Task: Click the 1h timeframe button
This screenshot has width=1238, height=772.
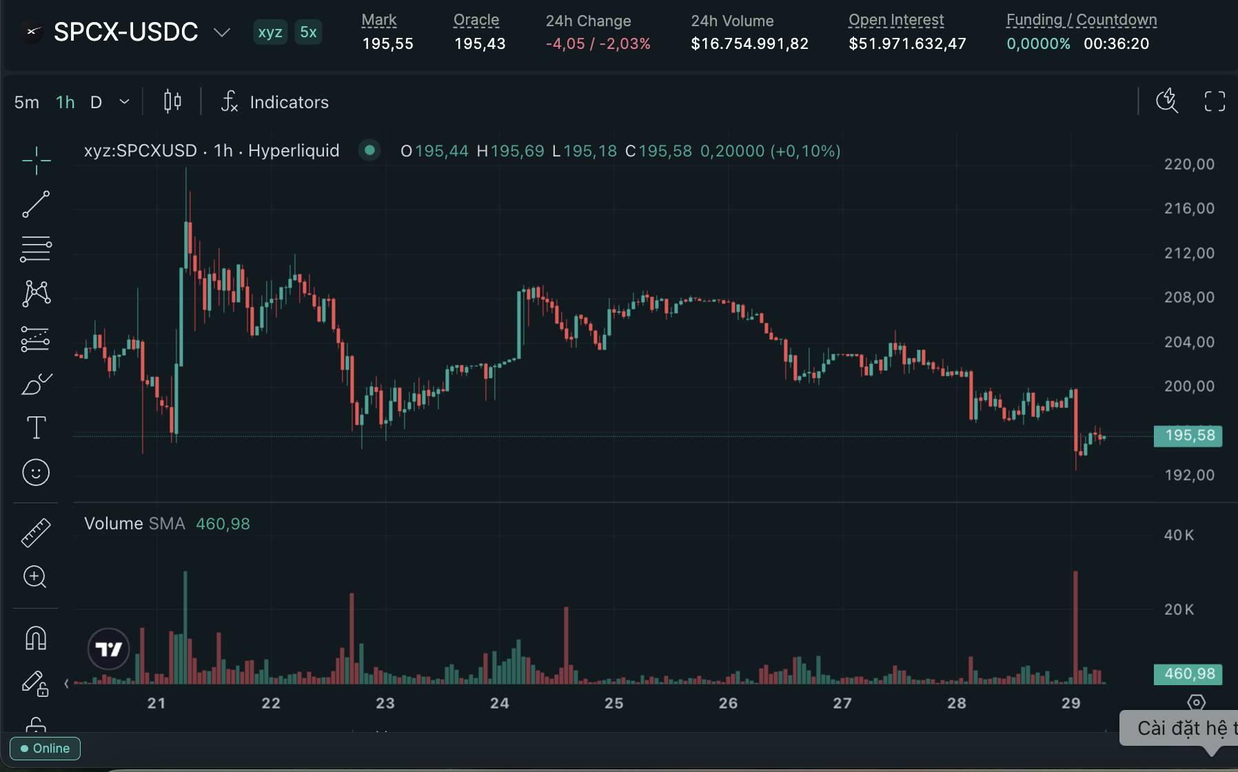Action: pyautogui.click(x=65, y=102)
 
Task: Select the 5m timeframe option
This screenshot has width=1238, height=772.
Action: pyautogui.click(x=27, y=102)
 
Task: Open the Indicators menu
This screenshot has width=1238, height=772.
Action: pyautogui.click(x=274, y=102)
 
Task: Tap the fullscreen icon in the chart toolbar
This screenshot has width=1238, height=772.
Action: pyautogui.click(x=1215, y=101)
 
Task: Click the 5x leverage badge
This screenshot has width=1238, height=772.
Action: pyautogui.click(x=308, y=32)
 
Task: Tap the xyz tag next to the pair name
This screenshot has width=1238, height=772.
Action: pyautogui.click(x=270, y=32)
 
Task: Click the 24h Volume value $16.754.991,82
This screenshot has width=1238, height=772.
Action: pyautogui.click(x=749, y=43)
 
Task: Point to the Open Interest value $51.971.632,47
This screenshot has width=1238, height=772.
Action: pyautogui.click(x=907, y=43)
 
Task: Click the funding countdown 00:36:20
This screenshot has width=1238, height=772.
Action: pyautogui.click(x=1116, y=43)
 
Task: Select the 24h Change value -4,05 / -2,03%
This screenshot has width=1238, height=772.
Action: pyautogui.click(x=598, y=43)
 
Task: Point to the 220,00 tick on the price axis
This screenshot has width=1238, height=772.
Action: pyautogui.click(x=1189, y=164)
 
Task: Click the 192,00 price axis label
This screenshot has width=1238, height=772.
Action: pyautogui.click(x=1189, y=475)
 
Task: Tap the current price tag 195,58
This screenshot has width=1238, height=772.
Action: pyautogui.click(x=1188, y=436)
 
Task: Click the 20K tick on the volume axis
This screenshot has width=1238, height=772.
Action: pyautogui.click(x=1179, y=609)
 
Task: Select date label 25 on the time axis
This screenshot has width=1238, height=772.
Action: pyautogui.click(x=613, y=703)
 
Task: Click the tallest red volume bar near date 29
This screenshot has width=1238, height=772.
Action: pyautogui.click(x=1075, y=627)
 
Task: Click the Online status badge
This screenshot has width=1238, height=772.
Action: pyautogui.click(x=45, y=749)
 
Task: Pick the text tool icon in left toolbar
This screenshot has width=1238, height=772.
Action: pyautogui.click(x=36, y=427)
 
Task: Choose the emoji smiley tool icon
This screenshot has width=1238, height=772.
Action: pyautogui.click(x=36, y=472)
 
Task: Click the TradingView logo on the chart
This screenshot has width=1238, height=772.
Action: pyautogui.click(x=109, y=649)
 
